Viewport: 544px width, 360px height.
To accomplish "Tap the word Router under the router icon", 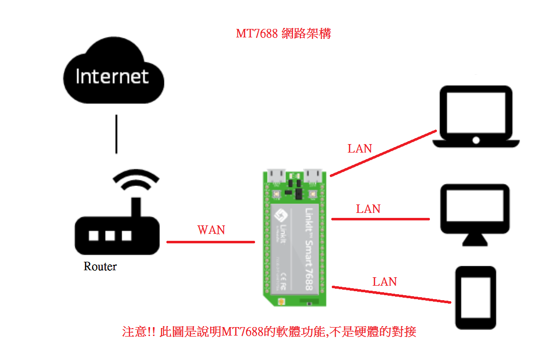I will (100, 266).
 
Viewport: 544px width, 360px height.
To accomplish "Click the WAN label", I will (211, 230).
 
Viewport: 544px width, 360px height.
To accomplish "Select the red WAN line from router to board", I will (211, 242).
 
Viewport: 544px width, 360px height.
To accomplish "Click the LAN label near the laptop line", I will (360, 148).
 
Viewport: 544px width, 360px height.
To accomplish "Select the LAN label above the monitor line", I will (368, 209).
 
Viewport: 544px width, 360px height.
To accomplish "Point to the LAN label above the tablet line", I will (385, 282).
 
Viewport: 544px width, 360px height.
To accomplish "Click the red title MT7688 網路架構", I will (283, 34).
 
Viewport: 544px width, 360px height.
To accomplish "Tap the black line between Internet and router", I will (117, 134).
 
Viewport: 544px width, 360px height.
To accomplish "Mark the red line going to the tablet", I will (391, 294).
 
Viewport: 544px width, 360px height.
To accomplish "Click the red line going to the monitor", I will (381, 219).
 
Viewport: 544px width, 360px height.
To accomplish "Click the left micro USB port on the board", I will (276, 176).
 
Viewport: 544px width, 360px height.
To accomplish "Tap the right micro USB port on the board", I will (314, 175).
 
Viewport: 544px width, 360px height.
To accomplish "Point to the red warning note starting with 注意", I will (269, 332).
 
